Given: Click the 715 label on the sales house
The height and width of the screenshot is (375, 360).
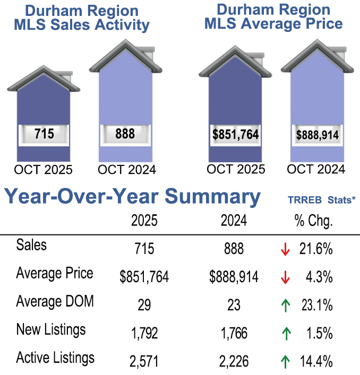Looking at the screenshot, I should coord(44,134).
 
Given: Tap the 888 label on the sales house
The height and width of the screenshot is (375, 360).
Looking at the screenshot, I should coord(125,134).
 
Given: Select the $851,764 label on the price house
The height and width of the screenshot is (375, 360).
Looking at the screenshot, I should coord(235,135).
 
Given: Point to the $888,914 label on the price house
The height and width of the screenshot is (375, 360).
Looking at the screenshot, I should coord(317,135).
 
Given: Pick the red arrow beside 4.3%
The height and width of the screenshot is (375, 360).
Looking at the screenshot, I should coord(285,277).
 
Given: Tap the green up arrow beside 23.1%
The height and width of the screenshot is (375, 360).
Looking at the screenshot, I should coord(285,305).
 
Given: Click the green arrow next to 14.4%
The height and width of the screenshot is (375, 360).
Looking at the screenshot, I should coord(285,361).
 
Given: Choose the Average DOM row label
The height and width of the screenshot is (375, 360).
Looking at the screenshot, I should coord(55,302).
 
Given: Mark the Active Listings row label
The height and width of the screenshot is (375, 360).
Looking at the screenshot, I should coord(55,357).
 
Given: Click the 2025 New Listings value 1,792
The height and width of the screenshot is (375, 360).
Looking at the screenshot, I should coord(144,334).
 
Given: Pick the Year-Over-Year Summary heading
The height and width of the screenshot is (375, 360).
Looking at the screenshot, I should coord(133,197).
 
